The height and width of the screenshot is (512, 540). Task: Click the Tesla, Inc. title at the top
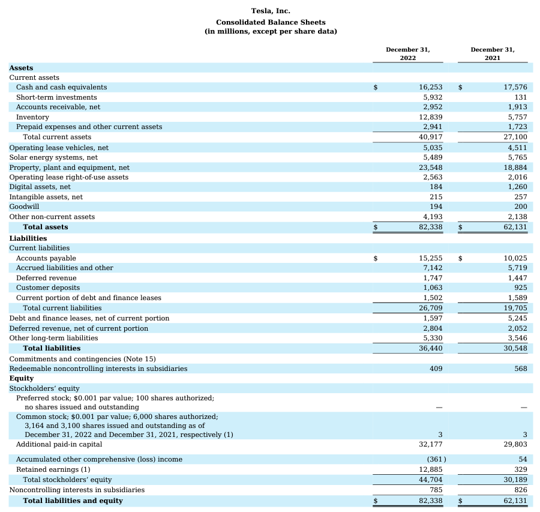click(270, 11)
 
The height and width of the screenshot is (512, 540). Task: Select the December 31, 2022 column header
click(408, 53)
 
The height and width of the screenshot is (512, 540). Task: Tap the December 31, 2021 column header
click(493, 53)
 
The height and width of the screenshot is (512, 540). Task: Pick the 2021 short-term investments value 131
click(520, 97)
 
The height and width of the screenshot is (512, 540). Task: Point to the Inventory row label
click(32, 117)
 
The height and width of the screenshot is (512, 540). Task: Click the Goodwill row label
click(24, 206)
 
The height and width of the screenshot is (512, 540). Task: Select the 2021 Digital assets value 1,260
click(517, 187)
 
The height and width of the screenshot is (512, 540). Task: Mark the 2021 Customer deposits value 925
click(520, 288)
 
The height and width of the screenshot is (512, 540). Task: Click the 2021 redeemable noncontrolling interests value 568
click(520, 369)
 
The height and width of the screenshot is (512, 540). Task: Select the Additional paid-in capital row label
click(59, 445)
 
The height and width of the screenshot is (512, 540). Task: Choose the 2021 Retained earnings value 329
click(520, 469)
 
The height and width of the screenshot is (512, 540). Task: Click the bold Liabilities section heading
click(28, 238)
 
